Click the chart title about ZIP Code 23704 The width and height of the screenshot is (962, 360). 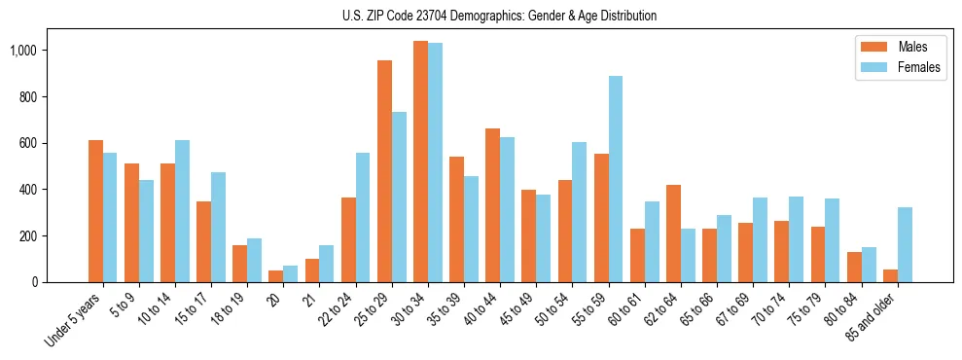coord(499,16)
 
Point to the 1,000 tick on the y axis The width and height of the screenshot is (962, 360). coord(22,51)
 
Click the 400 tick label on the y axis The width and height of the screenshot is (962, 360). coord(25,190)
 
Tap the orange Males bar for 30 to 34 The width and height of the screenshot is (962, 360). coord(420,162)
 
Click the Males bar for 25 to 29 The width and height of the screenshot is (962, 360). coord(384,171)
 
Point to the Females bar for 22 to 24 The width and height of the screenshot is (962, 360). coord(363,217)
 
